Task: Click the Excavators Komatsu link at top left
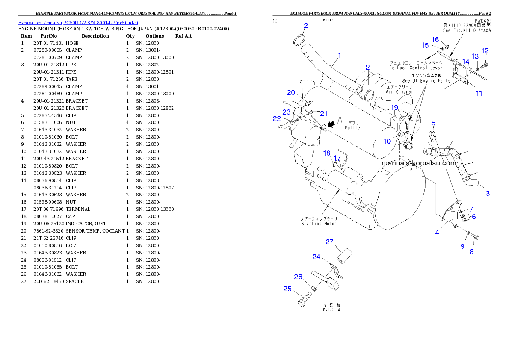(77, 23)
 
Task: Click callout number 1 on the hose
(339, 55)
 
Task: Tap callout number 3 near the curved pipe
(488, 193)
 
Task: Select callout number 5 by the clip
(433, 124)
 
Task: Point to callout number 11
(479, 93)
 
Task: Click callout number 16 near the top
(435, 39)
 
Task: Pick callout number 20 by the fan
(291, 92)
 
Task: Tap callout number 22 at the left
(277, 119)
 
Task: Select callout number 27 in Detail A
(329, 242)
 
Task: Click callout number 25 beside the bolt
(287, 289)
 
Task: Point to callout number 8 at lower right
(471, 252)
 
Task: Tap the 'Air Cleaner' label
(400, 92)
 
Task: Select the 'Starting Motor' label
(319, 223)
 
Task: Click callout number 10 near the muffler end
(387, 141)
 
